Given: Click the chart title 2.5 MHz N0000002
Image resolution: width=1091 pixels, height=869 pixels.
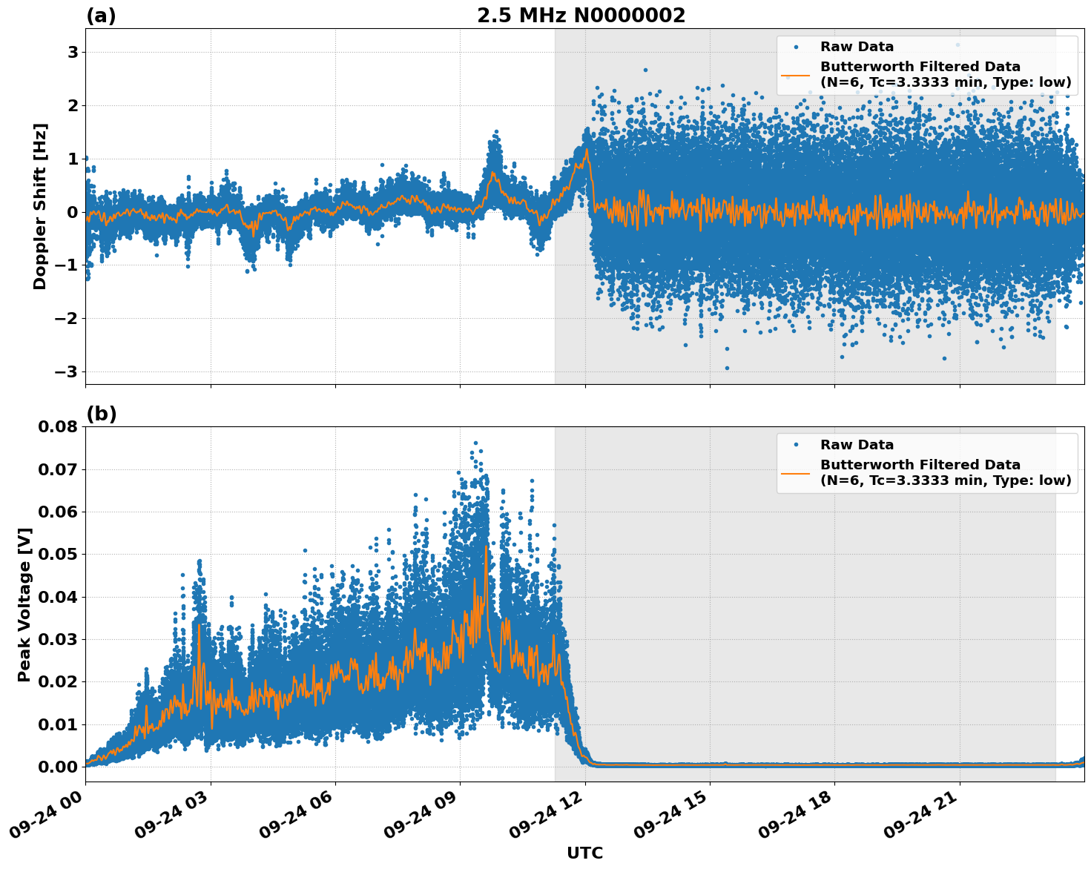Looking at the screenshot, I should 581,16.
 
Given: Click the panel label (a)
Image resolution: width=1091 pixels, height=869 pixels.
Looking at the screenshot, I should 101,16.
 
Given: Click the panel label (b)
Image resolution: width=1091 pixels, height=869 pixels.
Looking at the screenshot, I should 101,414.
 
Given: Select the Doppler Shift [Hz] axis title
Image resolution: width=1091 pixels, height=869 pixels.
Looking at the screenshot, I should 40,206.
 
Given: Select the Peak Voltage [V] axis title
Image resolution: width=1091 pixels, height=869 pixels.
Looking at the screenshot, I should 24,604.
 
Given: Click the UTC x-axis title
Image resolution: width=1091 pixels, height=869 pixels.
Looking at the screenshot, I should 584,853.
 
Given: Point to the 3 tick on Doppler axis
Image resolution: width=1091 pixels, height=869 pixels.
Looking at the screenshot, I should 73,52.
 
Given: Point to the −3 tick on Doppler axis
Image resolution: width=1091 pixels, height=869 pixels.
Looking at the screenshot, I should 67,371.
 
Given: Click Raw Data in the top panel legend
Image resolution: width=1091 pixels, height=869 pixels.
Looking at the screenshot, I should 857,47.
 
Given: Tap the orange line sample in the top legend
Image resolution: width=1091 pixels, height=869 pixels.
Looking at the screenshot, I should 796,75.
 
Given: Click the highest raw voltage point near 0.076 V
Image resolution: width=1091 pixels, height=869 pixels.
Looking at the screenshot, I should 475,443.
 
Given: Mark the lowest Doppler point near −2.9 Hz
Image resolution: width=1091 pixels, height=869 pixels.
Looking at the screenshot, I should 727,368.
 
